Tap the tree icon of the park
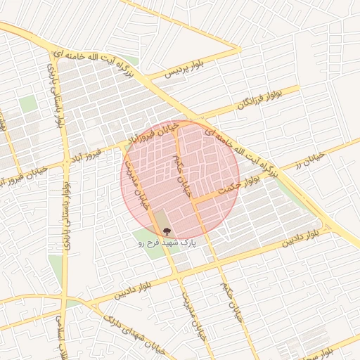(167, 230)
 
